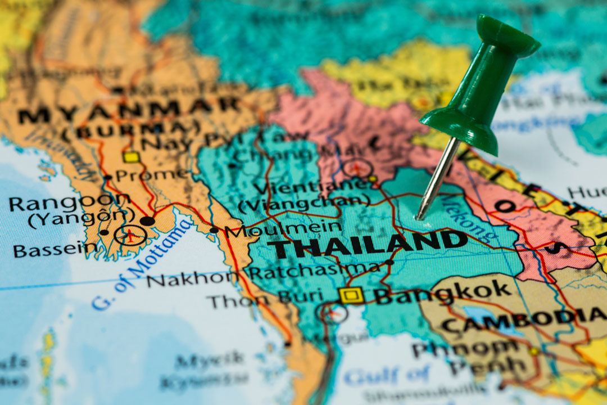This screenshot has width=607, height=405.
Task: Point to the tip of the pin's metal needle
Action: tap(418, 218)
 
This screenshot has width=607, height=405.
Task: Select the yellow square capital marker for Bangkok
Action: tap(352, 295)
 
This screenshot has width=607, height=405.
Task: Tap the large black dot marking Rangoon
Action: tap(147, 221)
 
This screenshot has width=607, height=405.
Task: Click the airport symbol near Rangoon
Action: tap(130, 235)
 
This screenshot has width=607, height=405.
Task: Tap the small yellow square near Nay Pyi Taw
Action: tap(132, 157)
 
